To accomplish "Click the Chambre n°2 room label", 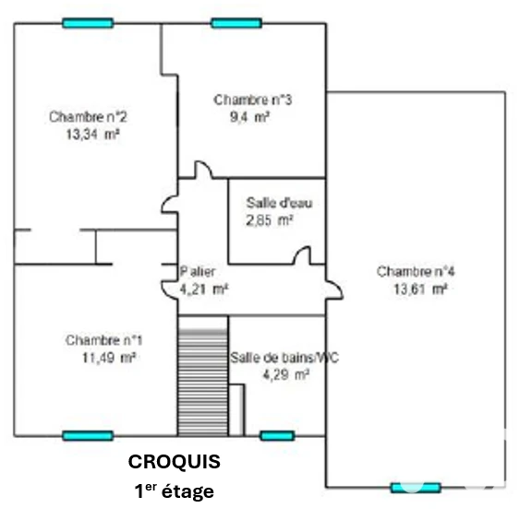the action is coord(88,117).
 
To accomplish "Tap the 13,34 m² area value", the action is coord(92,135).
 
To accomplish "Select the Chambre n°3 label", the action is coord(253,100).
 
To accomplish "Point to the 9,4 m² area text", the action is coord(250,117).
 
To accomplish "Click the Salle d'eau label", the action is coord(279,203).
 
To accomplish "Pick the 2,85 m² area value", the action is coord(270,220).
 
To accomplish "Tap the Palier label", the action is coord(198,271).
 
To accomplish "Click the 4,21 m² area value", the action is coord(204,290).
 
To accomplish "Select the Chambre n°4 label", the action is coord(416,271).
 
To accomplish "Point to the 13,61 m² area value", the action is coord(420,290).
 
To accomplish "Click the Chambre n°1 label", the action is coord(104,340).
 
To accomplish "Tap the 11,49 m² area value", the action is coord(109,358).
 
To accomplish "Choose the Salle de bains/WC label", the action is coord(284,358).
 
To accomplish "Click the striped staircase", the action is coord(203,376).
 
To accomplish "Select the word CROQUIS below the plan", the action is coord(174,462).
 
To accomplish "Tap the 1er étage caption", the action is coord(174,490).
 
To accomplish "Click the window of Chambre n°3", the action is coord(236,23).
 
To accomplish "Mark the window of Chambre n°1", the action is coord(88,436).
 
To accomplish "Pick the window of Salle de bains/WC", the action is coord(277,436).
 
